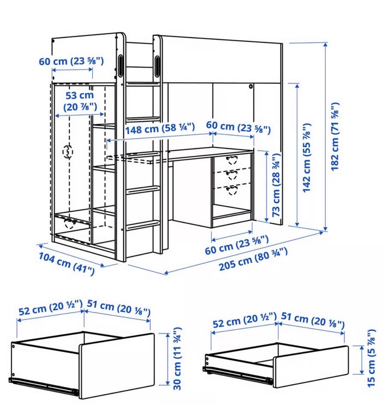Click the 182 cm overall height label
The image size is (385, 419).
tap(335, 136)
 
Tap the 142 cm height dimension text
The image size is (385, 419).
tap(307, 158)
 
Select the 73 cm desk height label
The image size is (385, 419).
tap(276, 185)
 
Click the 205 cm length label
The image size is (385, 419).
tap(253, 259)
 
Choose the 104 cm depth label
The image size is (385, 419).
tap(67, 263)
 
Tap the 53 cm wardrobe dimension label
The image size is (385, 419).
tap(80, 101)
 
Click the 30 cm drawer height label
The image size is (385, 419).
tap(177, 358)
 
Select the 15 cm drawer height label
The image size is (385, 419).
tap(371, 358)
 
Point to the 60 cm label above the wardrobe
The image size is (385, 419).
tap(71, 61)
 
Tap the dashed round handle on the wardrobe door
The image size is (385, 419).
tap(68, 152)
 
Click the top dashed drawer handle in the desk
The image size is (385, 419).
tap(231, 160)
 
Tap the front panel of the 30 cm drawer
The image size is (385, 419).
tap(117, 366)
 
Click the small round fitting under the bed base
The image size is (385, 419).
tap(251, 86)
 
